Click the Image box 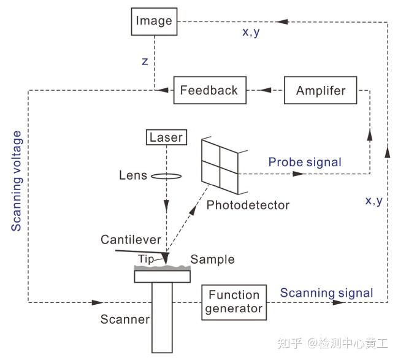tap(154, 21)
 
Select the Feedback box tap(209, 91)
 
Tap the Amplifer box tap(320, 91)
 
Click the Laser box tap(166, 137)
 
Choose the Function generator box tap(234, 302)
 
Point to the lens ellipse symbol tap(166, 176)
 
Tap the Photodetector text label tap(248, 205)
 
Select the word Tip tap(145, 259)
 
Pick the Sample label tap(212, 259)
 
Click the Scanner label tap(125, 320)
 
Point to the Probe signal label tap(305, 162)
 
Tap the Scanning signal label tap(326, 293)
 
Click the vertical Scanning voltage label tap(17, 181)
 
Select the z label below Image tap(145, 62)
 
